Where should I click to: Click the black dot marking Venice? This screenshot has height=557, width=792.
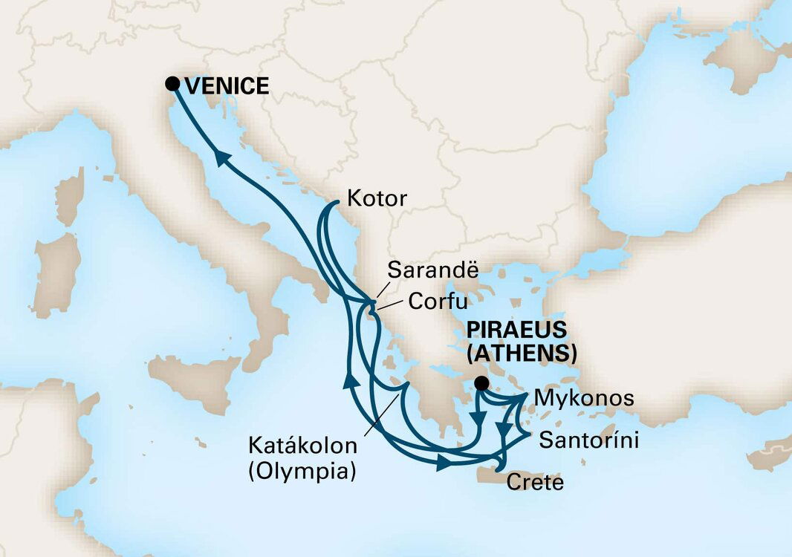click(172, 83)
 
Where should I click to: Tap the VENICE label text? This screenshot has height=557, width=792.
click(227, 86)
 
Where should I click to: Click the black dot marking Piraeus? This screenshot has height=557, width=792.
click(481, 383)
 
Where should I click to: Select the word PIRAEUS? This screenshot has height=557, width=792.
click(516, 329)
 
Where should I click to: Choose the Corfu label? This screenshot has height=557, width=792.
click(437, 302)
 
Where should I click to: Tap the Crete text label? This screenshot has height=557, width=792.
click(535, 483)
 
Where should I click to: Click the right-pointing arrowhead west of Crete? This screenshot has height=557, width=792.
click(444, 462)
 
